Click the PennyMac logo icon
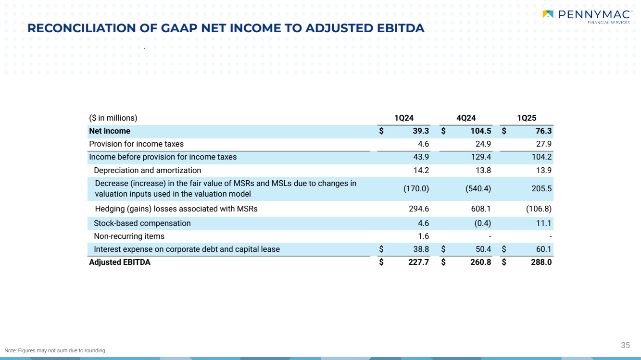[x=548, y=14]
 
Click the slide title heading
[x=226, y=28]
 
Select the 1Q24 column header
[x=404, y=118]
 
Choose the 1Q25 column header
[x=527, y=118]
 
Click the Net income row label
[x=110, y=131]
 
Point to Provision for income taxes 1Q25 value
[x=542, y=144]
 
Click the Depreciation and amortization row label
[x=147, y=170]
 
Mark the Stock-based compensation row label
[x=142, y=223]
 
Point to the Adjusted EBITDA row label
[x=120, y=262]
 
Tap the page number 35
[x=625, y=345]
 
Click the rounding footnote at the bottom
[x=54, y=350]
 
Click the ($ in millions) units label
[x=113, y=118]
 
